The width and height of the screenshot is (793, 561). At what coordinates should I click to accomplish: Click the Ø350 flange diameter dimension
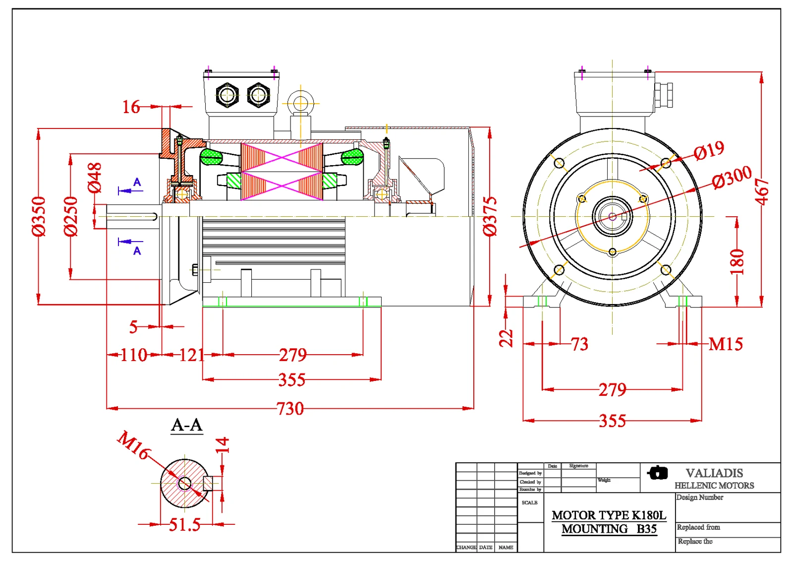[x=39, y=216]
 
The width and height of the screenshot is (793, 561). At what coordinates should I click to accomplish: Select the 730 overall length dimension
[x=290, y=409]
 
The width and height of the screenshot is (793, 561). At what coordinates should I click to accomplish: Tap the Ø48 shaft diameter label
[x=94, y=178]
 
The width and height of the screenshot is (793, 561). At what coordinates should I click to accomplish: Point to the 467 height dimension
[x=762, y=191]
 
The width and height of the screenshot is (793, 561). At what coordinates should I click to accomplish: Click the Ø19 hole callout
[x=709, y=150]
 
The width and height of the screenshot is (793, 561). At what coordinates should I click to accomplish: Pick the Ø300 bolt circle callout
[x=732, y=177]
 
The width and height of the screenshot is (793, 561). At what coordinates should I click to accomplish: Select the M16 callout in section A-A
[x=133, y=445]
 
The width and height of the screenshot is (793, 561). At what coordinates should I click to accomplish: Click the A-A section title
[x=187, y=425]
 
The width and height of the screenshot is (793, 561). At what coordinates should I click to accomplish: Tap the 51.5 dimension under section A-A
[x=184, y=524]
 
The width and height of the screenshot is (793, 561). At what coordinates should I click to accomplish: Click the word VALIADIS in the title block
[x=714, y=473]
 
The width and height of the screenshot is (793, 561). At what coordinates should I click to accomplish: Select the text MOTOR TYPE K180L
[x=609, y=515]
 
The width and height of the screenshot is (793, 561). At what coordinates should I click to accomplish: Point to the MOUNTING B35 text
[x=609, y=529]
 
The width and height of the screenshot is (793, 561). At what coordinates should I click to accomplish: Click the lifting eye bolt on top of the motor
[x=300, y=104]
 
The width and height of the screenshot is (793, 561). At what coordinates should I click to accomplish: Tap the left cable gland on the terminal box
[x=227, y=94]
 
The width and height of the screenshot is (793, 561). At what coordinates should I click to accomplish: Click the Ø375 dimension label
[x=490, y=216]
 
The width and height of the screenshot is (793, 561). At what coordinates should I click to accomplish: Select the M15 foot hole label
[x=726, y=344]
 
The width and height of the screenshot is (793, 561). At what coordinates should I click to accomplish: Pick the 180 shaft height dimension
[x=737, y=262]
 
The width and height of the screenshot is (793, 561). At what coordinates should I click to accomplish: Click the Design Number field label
[x=700, y=498]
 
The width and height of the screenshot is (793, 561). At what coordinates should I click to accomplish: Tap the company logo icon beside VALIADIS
[x=658, y=473]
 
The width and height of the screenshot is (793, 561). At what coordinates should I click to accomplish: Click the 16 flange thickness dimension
[x=131, y=107]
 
